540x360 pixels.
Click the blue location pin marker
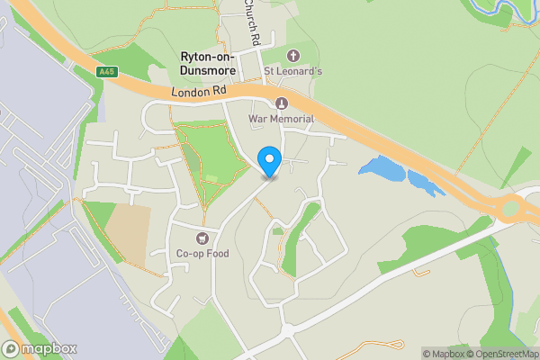tap(269, 161)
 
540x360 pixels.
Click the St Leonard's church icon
tap(292, 55)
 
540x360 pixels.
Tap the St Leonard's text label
tap(292, 71)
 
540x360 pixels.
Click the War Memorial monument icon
tap(281, 103)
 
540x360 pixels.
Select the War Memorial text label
tap(288, 119)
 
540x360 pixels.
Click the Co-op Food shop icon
tap(202, 238)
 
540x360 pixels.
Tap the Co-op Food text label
tap(202, 254)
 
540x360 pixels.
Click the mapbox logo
tap(40, 348)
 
